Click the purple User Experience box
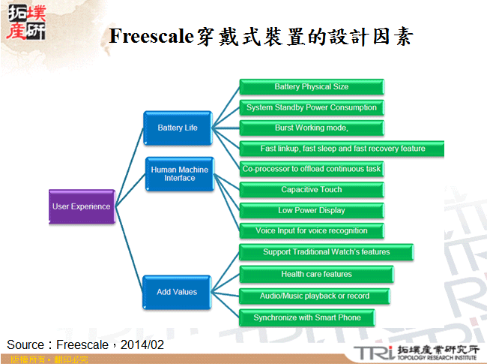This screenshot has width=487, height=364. click(82, 206)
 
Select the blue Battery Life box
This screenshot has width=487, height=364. click(178, 128)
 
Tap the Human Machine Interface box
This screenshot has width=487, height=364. click(179, 174)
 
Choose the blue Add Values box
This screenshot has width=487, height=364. click(178, 292)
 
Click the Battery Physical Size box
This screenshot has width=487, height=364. click(311, 87)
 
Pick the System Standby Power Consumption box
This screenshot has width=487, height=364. click(311, 107)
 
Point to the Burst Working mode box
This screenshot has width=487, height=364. click(311, 128)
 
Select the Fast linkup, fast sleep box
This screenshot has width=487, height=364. click(342, 149)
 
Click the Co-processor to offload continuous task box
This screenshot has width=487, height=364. click(311, 170)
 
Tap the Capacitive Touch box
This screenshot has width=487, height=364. click(311, 190)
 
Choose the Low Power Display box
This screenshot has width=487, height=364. click(311, 210)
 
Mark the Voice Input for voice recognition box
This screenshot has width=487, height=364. click(311, 231)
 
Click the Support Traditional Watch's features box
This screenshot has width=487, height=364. click(326, 252)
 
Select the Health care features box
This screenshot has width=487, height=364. click(316, 275)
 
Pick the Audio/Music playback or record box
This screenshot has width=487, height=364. click(315, 296)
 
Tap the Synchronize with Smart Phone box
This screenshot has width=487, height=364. click(306, 317)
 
